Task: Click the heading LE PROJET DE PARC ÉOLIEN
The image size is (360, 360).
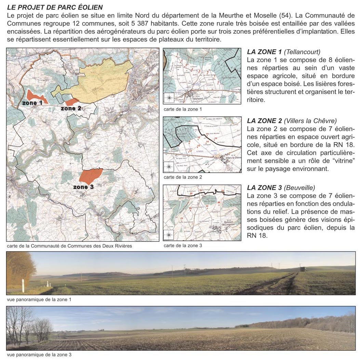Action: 55,7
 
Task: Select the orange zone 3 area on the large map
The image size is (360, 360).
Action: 91,176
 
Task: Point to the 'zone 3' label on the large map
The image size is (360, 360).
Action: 83,187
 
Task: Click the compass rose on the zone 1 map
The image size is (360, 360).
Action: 169,98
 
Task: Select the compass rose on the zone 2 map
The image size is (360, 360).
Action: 169,167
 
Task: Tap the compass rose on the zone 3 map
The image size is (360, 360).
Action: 169,235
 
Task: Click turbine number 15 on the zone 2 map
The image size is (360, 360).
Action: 216,138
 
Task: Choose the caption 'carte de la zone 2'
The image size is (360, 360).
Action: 183,177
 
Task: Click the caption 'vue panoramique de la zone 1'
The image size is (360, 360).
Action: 39,299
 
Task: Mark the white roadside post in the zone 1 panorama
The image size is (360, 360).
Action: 23,285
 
